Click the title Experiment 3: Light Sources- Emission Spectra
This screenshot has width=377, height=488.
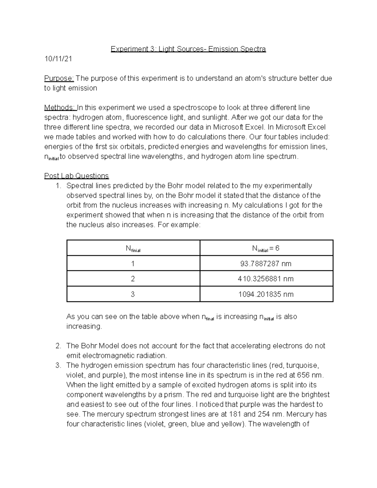pyautogui.click(x=188, y=49)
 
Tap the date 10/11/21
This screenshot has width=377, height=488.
pyautogui.click(x=58, y=59)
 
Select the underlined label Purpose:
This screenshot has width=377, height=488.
pyautogui.click(x=59, y=78)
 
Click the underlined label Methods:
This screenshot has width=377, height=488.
pyautogui.click(x=60, y=107)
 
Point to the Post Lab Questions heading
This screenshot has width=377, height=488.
pyautogui.click(x=76, y=176)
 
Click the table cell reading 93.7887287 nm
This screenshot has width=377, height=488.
pyautogui.click(x=266, y=264)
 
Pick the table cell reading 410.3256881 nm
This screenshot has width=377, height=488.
pyautogui.click(x=266, y=279)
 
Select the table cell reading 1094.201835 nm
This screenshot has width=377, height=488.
pyautogui.click(x=266, y=294)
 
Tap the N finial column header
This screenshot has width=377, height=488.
pyautogui.click(x=133, y=249)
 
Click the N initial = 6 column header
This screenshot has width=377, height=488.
pyautogui.click(x=266, y=249)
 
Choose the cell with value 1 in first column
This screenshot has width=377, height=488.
pyautogui.click(x=133, y=264)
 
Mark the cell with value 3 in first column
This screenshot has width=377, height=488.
pyautogui.click(x=133, y=294)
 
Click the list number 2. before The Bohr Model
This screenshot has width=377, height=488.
pyautogui.click(x=58, y=346)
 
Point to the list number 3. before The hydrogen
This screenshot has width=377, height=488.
pyautogui.click(x=58, y=365)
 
